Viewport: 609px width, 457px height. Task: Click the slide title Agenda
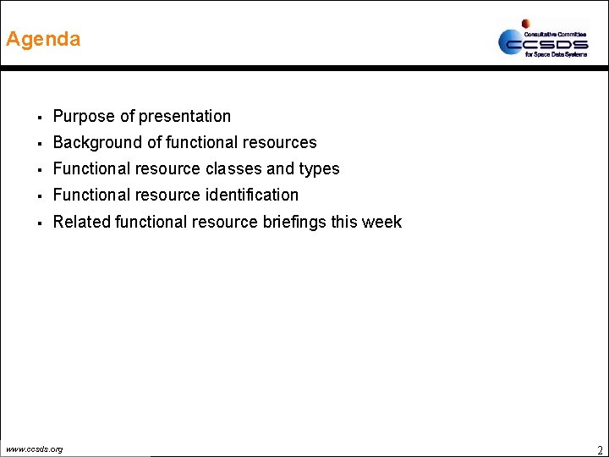(43, 39)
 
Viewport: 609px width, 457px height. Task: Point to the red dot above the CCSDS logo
(525, 24)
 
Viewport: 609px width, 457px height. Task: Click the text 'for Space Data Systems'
(556, 54)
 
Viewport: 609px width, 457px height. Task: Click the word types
(317, 169)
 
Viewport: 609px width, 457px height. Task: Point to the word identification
(252, 195)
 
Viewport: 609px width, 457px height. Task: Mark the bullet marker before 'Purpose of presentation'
(40, 117)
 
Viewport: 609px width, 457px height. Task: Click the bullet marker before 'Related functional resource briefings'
(40, 223)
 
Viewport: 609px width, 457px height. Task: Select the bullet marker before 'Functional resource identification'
(40, 195)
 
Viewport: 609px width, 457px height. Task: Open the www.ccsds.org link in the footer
(34, 449)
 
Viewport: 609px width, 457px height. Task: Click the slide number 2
(600, 449)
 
